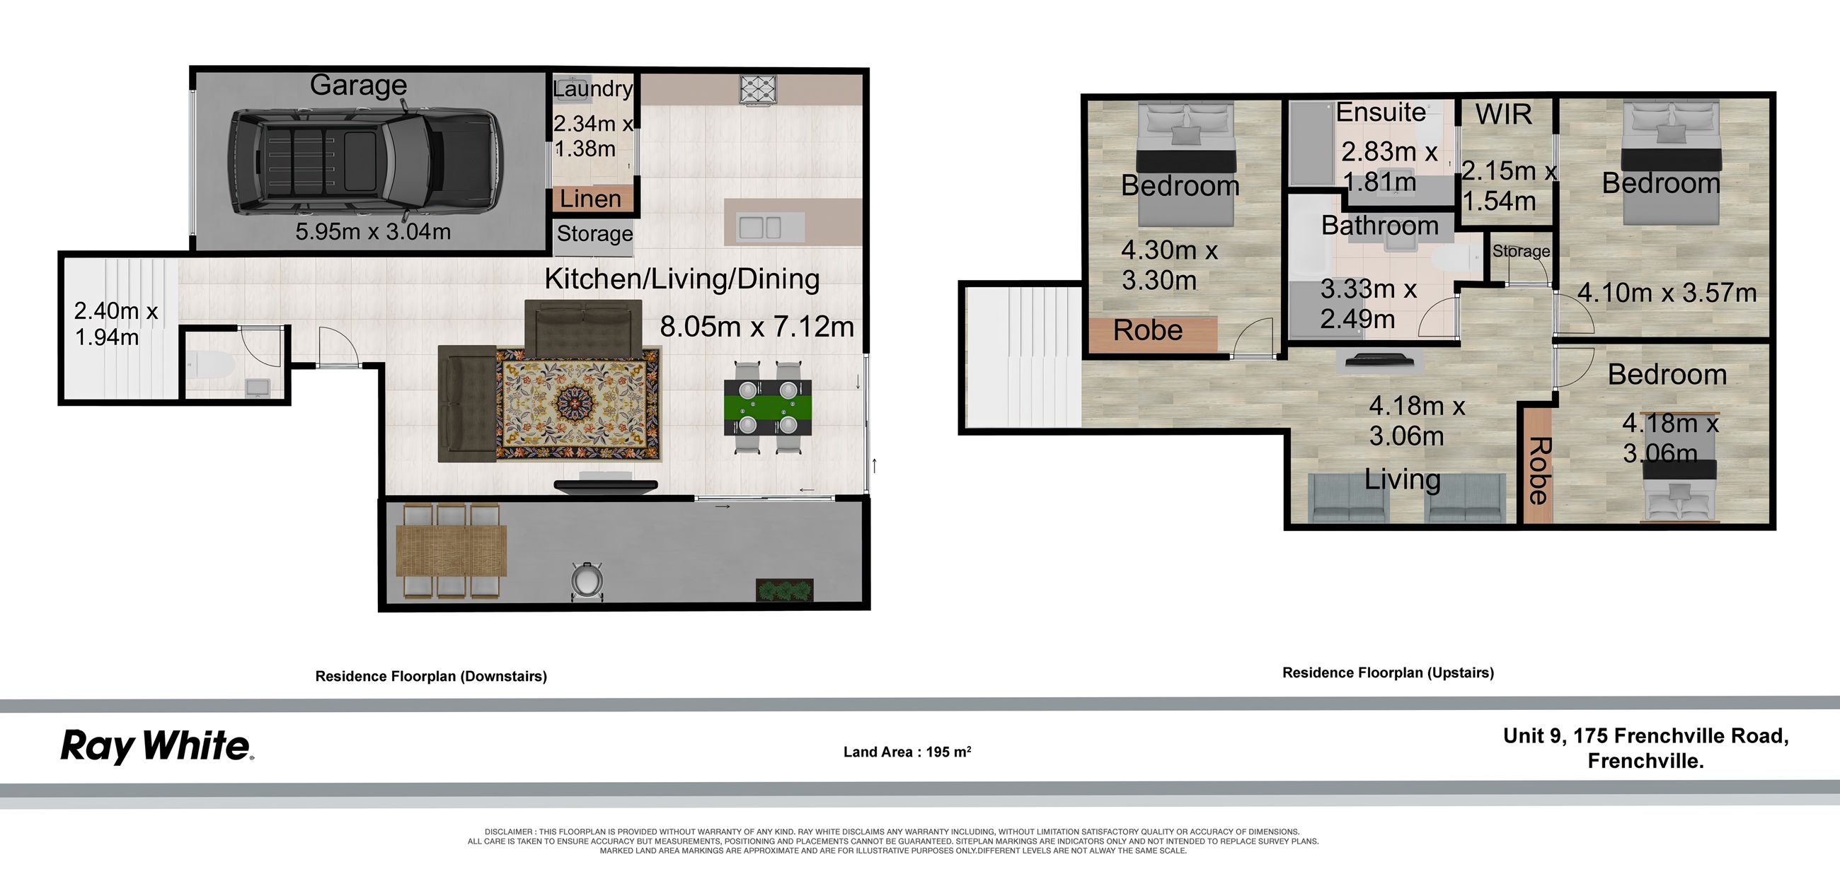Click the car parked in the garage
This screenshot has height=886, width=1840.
(365, 161)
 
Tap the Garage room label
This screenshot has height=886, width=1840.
(358, 85)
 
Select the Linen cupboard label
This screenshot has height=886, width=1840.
(590, 199)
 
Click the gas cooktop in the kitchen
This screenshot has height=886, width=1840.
(758, 91)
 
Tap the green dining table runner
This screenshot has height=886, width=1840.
(768, 408)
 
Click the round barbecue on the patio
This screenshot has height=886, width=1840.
(587, 580)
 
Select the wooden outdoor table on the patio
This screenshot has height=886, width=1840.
(452, 549)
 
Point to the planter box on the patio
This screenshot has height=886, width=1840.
(784, 590)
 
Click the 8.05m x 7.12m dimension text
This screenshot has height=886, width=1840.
(757, 327)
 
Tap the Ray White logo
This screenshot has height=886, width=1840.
(157, 746)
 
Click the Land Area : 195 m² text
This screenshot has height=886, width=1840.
(907, 752)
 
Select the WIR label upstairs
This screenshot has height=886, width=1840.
(1504, 115)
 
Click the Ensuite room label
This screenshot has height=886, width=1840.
(1381, 112)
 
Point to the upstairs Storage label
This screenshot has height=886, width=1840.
(1521, 251)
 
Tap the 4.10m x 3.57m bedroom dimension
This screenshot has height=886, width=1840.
(1667, 293)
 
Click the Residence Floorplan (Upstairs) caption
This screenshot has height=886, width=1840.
(1388, 672)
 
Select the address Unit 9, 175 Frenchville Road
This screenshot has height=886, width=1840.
(1645, 735)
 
